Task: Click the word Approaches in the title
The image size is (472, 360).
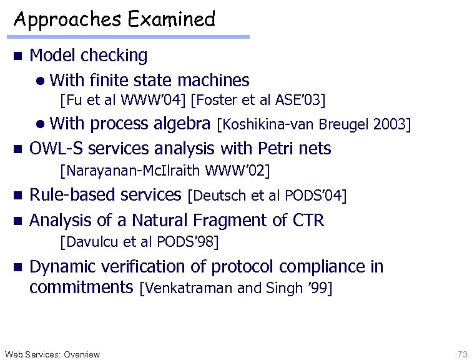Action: coord(68,19)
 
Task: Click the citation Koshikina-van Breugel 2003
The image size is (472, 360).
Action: coord(313,124)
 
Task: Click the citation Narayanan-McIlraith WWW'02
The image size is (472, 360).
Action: coord(165,170)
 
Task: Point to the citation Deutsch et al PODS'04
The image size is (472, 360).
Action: coord(267,196)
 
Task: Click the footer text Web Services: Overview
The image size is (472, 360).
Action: coord(52,354)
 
